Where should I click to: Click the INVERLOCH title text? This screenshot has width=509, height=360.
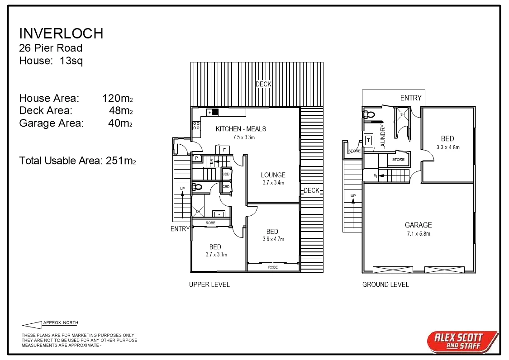[x=61, y=33]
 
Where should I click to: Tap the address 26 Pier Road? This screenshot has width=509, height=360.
[x=51, y=48]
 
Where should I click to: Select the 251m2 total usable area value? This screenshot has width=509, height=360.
[x=121, y=161]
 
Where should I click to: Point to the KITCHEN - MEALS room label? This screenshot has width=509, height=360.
[x=241, y=129]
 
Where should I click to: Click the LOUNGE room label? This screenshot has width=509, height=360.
[x=273, y=175]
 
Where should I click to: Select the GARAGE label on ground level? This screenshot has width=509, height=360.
[x=418, y=225]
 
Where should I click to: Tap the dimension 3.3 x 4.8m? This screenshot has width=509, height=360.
[x=448, y=147]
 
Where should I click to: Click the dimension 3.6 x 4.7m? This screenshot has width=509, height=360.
[x=273, y=239]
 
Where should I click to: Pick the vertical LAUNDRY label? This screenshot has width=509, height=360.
[x=383, y=137]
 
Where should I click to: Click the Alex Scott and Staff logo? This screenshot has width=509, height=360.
[x=462, y=341]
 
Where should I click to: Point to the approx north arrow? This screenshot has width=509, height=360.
[x=32, y=325]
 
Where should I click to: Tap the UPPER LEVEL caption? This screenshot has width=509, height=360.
[x=209, y=284]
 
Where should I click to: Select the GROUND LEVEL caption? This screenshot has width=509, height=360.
[x=385, y=284]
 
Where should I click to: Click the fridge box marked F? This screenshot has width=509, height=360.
[x=224, y=150]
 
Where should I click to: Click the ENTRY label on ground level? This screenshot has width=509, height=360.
[x=410, y=98]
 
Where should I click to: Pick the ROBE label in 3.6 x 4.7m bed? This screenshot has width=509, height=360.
[x=273, y=267]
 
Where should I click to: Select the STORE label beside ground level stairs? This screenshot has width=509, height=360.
[x=398, y=160]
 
